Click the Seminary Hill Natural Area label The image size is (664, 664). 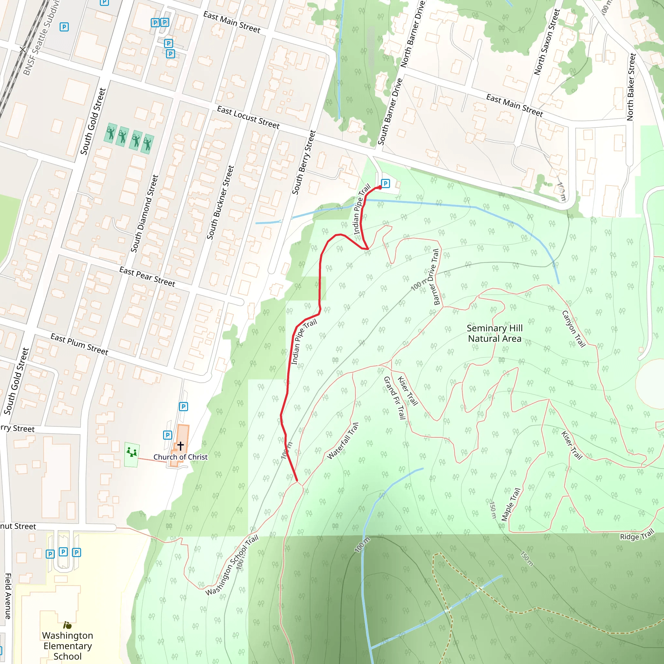coord(494,333)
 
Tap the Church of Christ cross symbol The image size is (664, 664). coord(181,446)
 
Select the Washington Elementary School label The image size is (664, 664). coord(67,646)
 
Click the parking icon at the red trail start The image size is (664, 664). coord(385,184)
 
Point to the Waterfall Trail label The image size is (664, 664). coord(343,441)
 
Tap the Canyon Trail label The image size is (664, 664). coord(574,329)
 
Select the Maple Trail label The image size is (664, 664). coord(511,504)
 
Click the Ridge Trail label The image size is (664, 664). coord(637,535)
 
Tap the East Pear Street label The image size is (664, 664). coord(147,277)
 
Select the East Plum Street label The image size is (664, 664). coord(79,344)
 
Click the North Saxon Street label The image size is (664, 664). coord(547,42)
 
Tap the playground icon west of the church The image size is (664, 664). coord(132,452)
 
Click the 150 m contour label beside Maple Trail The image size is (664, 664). coord(492,510)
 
